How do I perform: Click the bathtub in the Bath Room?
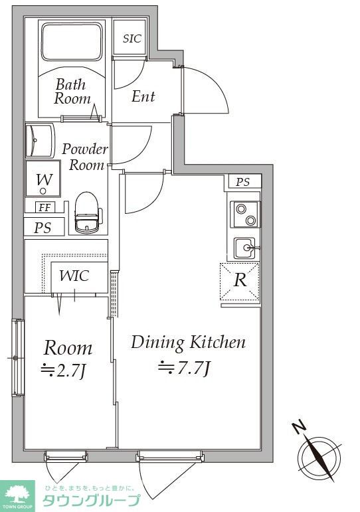click(72, 41)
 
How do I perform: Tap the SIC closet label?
click(132, 39)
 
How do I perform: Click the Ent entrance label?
click(143, 96)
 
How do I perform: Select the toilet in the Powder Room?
click(87, 213)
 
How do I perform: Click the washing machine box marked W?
click(43, 179)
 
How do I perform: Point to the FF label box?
click(45, 207)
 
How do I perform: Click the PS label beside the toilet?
click(43, 227)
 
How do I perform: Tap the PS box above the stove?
click(242, 181)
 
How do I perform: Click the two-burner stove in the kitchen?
click(245, 214)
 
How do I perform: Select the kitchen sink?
click(245, 248)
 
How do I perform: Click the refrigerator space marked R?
click(240, 281)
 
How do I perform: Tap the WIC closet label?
click(74, 276)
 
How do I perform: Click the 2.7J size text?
click(63, 371)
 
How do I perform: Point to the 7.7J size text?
click(184, 368)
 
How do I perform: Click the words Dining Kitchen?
click(188, 343)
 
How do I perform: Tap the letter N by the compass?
click(299, 428)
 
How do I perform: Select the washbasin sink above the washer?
click(39, 141)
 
